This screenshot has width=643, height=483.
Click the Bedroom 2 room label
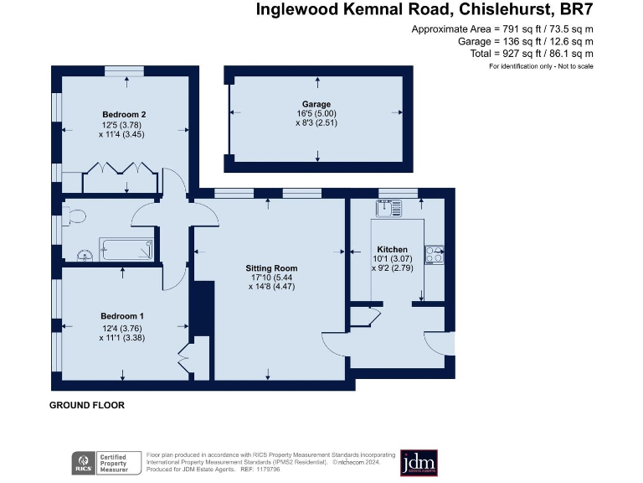(x=125, y=114)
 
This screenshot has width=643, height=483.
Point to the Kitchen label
(x=392, y=250)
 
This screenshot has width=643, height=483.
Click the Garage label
(x=317, y=105)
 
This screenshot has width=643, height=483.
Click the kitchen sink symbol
(x=390, y=207)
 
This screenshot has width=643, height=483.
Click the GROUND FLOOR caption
(x=87, y=406)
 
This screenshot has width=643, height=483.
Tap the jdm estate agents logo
(x=419, y=463)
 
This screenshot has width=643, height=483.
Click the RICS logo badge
(x=82, y=463)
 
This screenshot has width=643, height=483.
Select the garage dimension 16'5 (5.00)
(x=317, y=114)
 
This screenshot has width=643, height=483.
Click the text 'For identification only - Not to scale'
(x=541, y=65)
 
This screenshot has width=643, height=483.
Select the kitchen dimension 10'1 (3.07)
(x=392, y=259)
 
